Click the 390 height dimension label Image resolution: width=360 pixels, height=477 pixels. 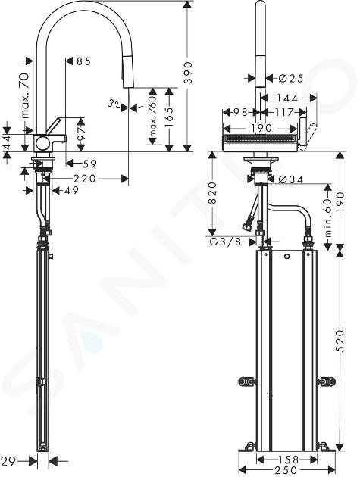point(189,73)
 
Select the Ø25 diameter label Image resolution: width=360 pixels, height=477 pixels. point(290,79)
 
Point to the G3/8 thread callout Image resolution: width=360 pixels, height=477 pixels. point(225,242)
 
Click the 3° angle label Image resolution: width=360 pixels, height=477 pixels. point(113,104)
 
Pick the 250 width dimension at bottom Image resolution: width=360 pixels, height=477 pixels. point(286,470)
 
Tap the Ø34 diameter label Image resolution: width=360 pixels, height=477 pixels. point(290,179)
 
